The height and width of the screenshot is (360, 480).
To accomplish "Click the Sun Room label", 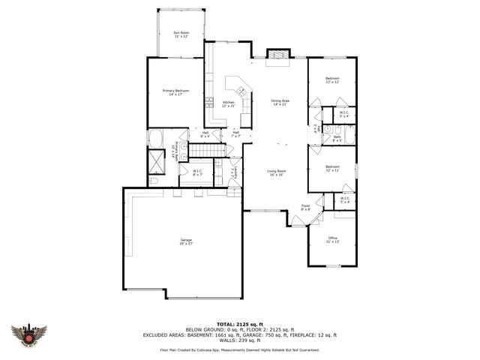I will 181,34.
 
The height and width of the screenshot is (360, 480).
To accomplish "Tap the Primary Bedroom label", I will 176,92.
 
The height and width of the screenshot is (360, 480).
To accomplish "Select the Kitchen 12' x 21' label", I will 228,103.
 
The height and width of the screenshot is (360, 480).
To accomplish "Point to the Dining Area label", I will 280,102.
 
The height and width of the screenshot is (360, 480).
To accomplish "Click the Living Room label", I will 277,172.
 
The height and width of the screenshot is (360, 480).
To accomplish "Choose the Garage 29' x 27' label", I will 185,242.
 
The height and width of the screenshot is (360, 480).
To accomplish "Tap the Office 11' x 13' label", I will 332,240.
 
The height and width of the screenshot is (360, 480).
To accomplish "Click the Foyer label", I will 306,207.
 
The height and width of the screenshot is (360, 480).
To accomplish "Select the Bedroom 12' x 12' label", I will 332,80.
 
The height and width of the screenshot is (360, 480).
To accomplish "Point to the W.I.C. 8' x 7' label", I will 197,173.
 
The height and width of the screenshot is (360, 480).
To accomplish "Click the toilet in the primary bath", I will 154,181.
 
